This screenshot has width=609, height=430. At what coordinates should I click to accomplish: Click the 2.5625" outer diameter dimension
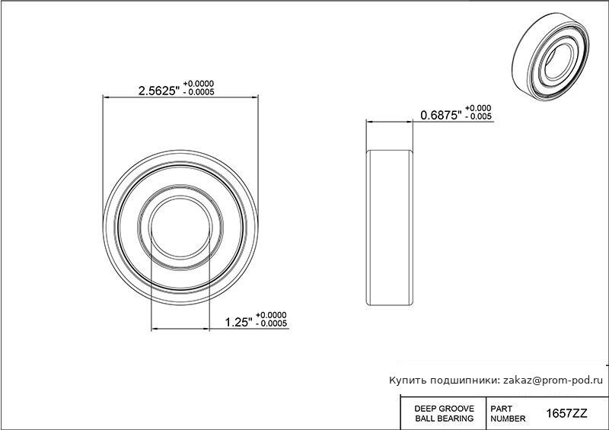click(x=159, y=91)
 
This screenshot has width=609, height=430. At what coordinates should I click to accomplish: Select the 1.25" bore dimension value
click(x=239, y=323)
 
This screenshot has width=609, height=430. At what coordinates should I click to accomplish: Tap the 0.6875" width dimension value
click(x=441, y=116)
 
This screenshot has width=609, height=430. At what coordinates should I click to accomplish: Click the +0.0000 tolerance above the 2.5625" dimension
click(x=199, y=84)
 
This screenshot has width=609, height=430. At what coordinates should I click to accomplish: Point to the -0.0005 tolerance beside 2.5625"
click(x=199, y=92)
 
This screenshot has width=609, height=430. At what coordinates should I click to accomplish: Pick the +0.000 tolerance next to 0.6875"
click(x=478, y=108)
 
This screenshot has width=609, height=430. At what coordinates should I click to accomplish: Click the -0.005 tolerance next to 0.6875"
click(x=478, y=116)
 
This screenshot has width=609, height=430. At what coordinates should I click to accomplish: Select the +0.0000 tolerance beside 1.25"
click(x=271, y=315)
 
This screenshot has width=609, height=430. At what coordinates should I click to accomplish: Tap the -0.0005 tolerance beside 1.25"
click(x=271, y=323)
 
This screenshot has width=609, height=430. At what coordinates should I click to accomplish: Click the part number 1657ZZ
click(x=566, y=414)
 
